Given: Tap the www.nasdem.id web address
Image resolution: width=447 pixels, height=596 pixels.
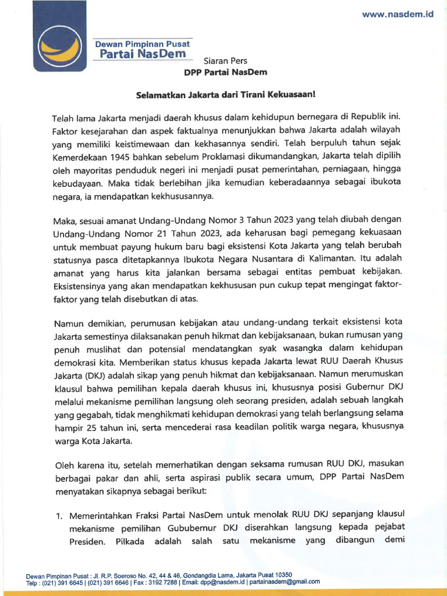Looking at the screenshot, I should (398, 16).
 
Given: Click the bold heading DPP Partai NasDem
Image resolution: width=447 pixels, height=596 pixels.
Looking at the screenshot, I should (225, 72).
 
